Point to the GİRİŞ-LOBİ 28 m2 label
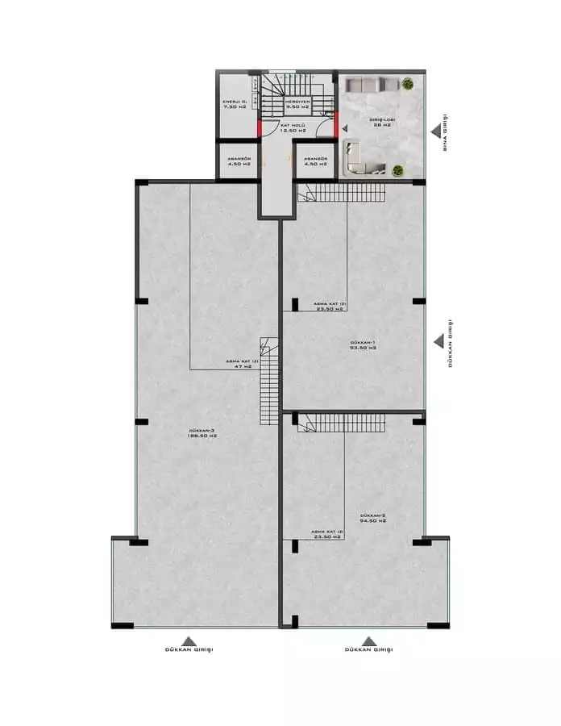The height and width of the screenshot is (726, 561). point(381,123)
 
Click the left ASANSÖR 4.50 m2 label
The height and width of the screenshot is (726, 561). point(239,161)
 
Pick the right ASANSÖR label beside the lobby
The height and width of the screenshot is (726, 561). point(316,161)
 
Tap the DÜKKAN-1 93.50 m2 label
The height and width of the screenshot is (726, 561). point(364,345)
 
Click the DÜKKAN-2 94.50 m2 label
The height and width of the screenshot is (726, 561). point(373,518)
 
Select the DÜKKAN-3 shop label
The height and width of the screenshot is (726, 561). point(202,433)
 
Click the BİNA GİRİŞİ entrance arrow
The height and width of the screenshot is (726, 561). point(436,128)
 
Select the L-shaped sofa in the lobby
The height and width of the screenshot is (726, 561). point(359,157)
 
